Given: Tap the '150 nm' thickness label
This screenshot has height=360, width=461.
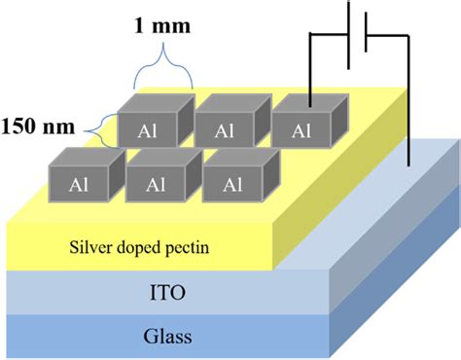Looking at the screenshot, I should (x=37, y=126).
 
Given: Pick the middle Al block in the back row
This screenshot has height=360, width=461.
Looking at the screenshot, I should (x=225, y=127).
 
